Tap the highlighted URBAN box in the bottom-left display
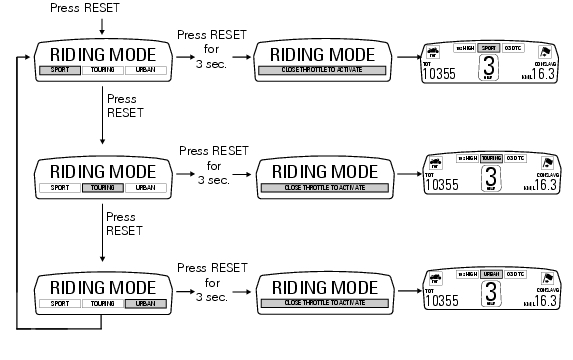point(146,302)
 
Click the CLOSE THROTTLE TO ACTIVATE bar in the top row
point(322,73)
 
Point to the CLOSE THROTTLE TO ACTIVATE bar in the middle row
point(322,187)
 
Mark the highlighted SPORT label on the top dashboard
point(490,47)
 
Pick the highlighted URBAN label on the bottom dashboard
point(490,273)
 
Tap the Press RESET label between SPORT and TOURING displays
point(121,107)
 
